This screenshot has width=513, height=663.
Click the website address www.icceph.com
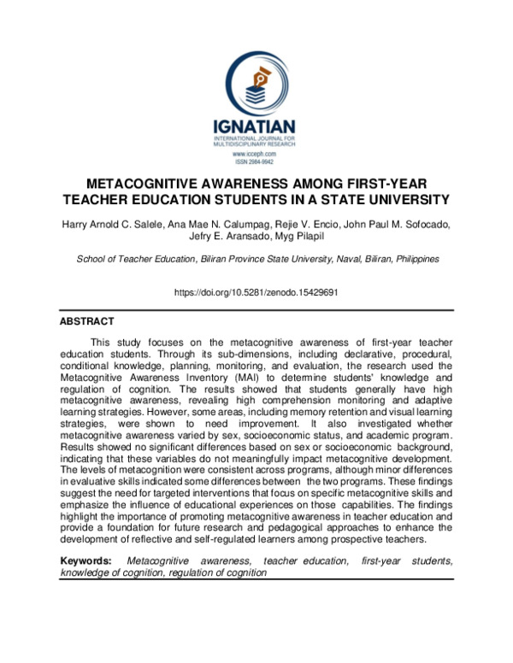click(x=256, y=154)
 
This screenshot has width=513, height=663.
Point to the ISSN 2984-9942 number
click(x=256, y=161)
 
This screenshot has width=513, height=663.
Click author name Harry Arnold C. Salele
click(x=120, y=224)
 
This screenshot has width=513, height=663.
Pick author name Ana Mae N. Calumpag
click(x=234, y=224)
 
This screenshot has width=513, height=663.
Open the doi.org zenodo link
click(x=256, y=292)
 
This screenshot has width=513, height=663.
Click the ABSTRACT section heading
click(x=86, y=322)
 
